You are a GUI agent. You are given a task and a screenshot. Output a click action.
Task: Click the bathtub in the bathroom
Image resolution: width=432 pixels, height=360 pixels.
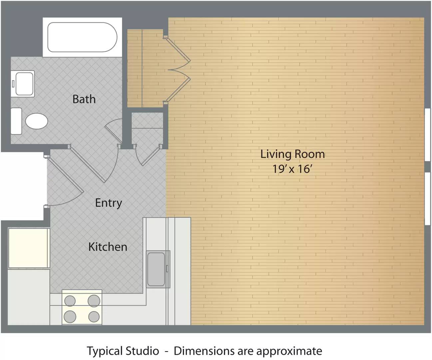[x=82, y=37]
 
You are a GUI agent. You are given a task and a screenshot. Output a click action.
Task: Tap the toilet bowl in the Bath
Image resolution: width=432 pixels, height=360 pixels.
[x=36, y=121]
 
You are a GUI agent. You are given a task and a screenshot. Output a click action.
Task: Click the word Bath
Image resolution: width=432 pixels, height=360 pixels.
[x=84, y=99]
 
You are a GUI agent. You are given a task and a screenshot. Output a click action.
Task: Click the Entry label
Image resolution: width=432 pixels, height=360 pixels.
[x=108, y=203]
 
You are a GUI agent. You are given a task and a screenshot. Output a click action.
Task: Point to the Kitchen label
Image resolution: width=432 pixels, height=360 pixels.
[x=108, y=247]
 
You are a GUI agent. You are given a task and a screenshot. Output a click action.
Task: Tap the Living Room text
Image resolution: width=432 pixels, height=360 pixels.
[x=292, y=154]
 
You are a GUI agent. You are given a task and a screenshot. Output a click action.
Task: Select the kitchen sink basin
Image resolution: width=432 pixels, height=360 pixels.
[x=156, y=269]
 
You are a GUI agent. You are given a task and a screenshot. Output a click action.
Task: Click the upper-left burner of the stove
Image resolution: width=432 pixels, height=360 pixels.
[x=70, y=301]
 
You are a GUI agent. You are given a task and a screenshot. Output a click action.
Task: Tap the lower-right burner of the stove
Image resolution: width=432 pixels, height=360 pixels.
[x=94, y=316]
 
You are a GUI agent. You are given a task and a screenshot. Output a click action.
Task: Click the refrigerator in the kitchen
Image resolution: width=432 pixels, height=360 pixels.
[x=29, y=248]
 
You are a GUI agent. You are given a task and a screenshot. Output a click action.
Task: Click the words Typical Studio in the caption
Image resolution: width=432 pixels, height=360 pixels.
[x=123, y=351]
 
